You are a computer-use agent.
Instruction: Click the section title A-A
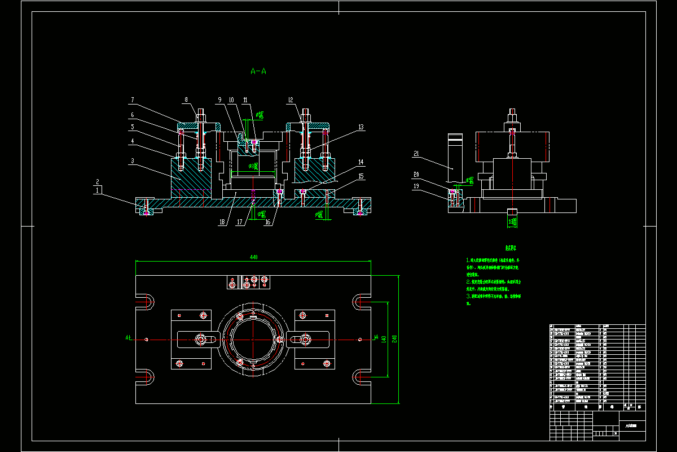point(258,71)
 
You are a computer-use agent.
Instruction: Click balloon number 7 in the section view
point(132,100)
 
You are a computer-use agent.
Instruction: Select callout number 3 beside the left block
point(132,161)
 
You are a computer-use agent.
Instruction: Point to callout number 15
point(361,176)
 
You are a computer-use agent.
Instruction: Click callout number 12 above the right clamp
point(291,100)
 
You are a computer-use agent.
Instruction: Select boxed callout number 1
point(98,190)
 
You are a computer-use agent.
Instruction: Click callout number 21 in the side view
point(416,154)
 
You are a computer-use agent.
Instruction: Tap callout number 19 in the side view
point(416,186)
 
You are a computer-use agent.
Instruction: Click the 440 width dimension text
point(253,257)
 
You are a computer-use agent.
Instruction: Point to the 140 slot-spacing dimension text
point(384,338)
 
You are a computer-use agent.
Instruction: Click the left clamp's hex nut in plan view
point(200,340)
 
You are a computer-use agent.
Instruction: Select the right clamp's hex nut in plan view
point(306,340)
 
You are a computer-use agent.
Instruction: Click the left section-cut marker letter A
point(128,338)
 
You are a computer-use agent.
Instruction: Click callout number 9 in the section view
point(219,100)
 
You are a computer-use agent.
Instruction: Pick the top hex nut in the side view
point(513,120)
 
